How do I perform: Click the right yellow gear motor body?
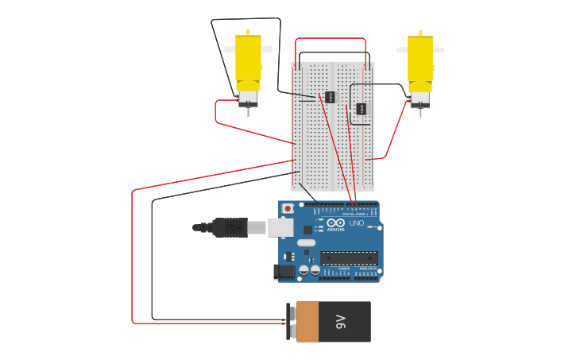click(x=420, y=59)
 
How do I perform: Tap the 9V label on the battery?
click(x=341, y=321)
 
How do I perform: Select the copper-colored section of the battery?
click(x=307, y=321)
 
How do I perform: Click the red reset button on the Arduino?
click(x=288, y=208)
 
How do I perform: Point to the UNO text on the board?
click(x=357, y=223)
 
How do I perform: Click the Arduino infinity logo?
click(x=335, y=223)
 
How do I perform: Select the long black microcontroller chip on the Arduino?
click(x=349, y=257)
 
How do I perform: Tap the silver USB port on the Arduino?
click(x=280, y=227)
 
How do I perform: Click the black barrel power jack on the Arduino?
click(x=284, y=271)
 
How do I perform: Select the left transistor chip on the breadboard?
click(x=330, y=97)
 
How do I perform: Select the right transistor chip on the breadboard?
click(x=361, y=108)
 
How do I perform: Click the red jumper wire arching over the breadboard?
click(x=331, y=38)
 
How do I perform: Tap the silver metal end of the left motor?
click(x=248, y=98)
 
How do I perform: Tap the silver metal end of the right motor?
click(x=420, y=99)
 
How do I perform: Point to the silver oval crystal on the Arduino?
click(x=306, y=242)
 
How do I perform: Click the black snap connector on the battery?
click(x=292, y=322)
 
